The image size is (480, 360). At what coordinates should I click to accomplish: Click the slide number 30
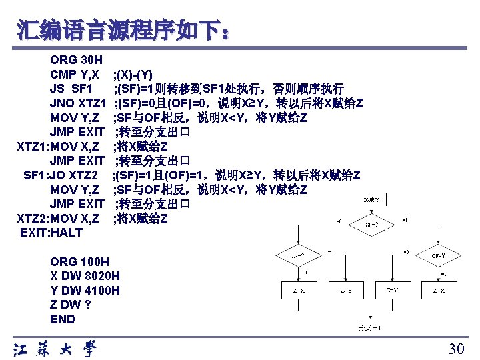456,349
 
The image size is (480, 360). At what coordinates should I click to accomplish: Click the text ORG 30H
76,60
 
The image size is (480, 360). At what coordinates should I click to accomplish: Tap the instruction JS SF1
71,89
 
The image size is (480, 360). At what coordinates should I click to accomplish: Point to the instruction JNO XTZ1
78,103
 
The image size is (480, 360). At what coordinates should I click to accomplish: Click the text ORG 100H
79,261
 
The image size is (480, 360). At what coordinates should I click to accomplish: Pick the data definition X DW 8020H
85,275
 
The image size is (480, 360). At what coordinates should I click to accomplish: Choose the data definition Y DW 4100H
85,290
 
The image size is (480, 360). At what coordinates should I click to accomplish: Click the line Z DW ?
71,305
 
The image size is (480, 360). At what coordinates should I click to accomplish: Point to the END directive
63,319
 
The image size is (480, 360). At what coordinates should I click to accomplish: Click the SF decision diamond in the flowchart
371,225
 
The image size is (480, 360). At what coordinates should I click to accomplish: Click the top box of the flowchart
372,199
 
